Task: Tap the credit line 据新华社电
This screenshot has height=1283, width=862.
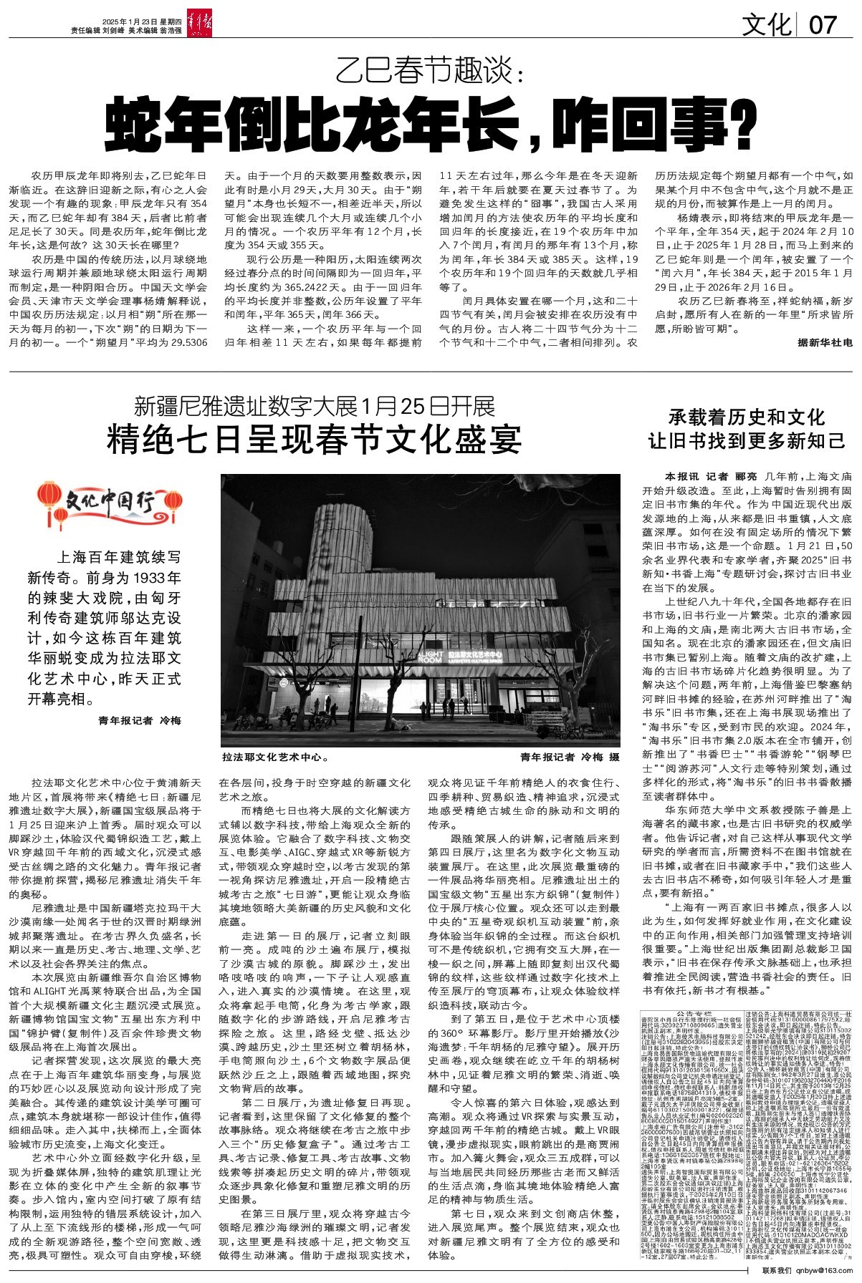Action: pyautogui.click(x=825, y=344)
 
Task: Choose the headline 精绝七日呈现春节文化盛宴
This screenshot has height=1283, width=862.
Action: pyautogui.click(x=315, y=440)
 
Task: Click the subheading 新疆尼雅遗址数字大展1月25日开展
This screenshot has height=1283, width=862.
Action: pyautogui.click(x=315, y=407)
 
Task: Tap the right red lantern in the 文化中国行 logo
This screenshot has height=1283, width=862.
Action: pyautogui.click(x=174, y=498)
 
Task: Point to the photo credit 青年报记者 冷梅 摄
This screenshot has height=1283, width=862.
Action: pyautogui.click(x=570, y=757)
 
